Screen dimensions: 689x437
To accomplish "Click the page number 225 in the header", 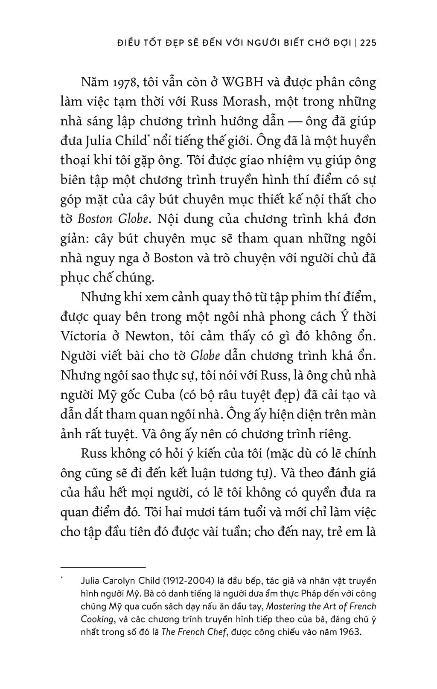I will tap(367, 43).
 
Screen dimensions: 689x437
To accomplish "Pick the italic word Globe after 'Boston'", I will tap(133, 219).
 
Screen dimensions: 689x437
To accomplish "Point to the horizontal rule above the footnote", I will tap(103, 567).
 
